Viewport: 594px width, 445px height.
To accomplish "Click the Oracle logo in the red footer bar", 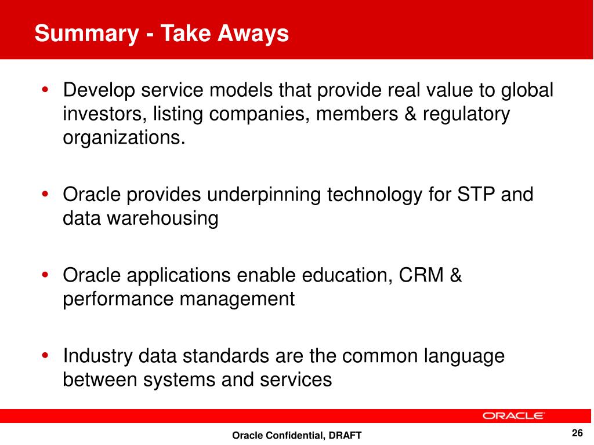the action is pos(513,416).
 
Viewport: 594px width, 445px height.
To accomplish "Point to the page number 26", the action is pos(577,433).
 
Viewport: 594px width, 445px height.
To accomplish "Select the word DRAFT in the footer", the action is pos(345,436).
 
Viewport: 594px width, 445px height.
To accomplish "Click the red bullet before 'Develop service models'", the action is pos(45,90).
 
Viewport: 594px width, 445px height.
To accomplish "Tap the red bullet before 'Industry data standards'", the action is pos(45,356).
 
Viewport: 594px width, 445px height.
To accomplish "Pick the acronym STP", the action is pos(476,195).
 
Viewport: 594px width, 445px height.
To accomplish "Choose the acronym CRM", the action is pos(421,275).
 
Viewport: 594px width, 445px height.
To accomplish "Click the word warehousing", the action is pos(162,219).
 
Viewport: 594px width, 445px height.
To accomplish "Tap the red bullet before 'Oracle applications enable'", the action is pos(45,275).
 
